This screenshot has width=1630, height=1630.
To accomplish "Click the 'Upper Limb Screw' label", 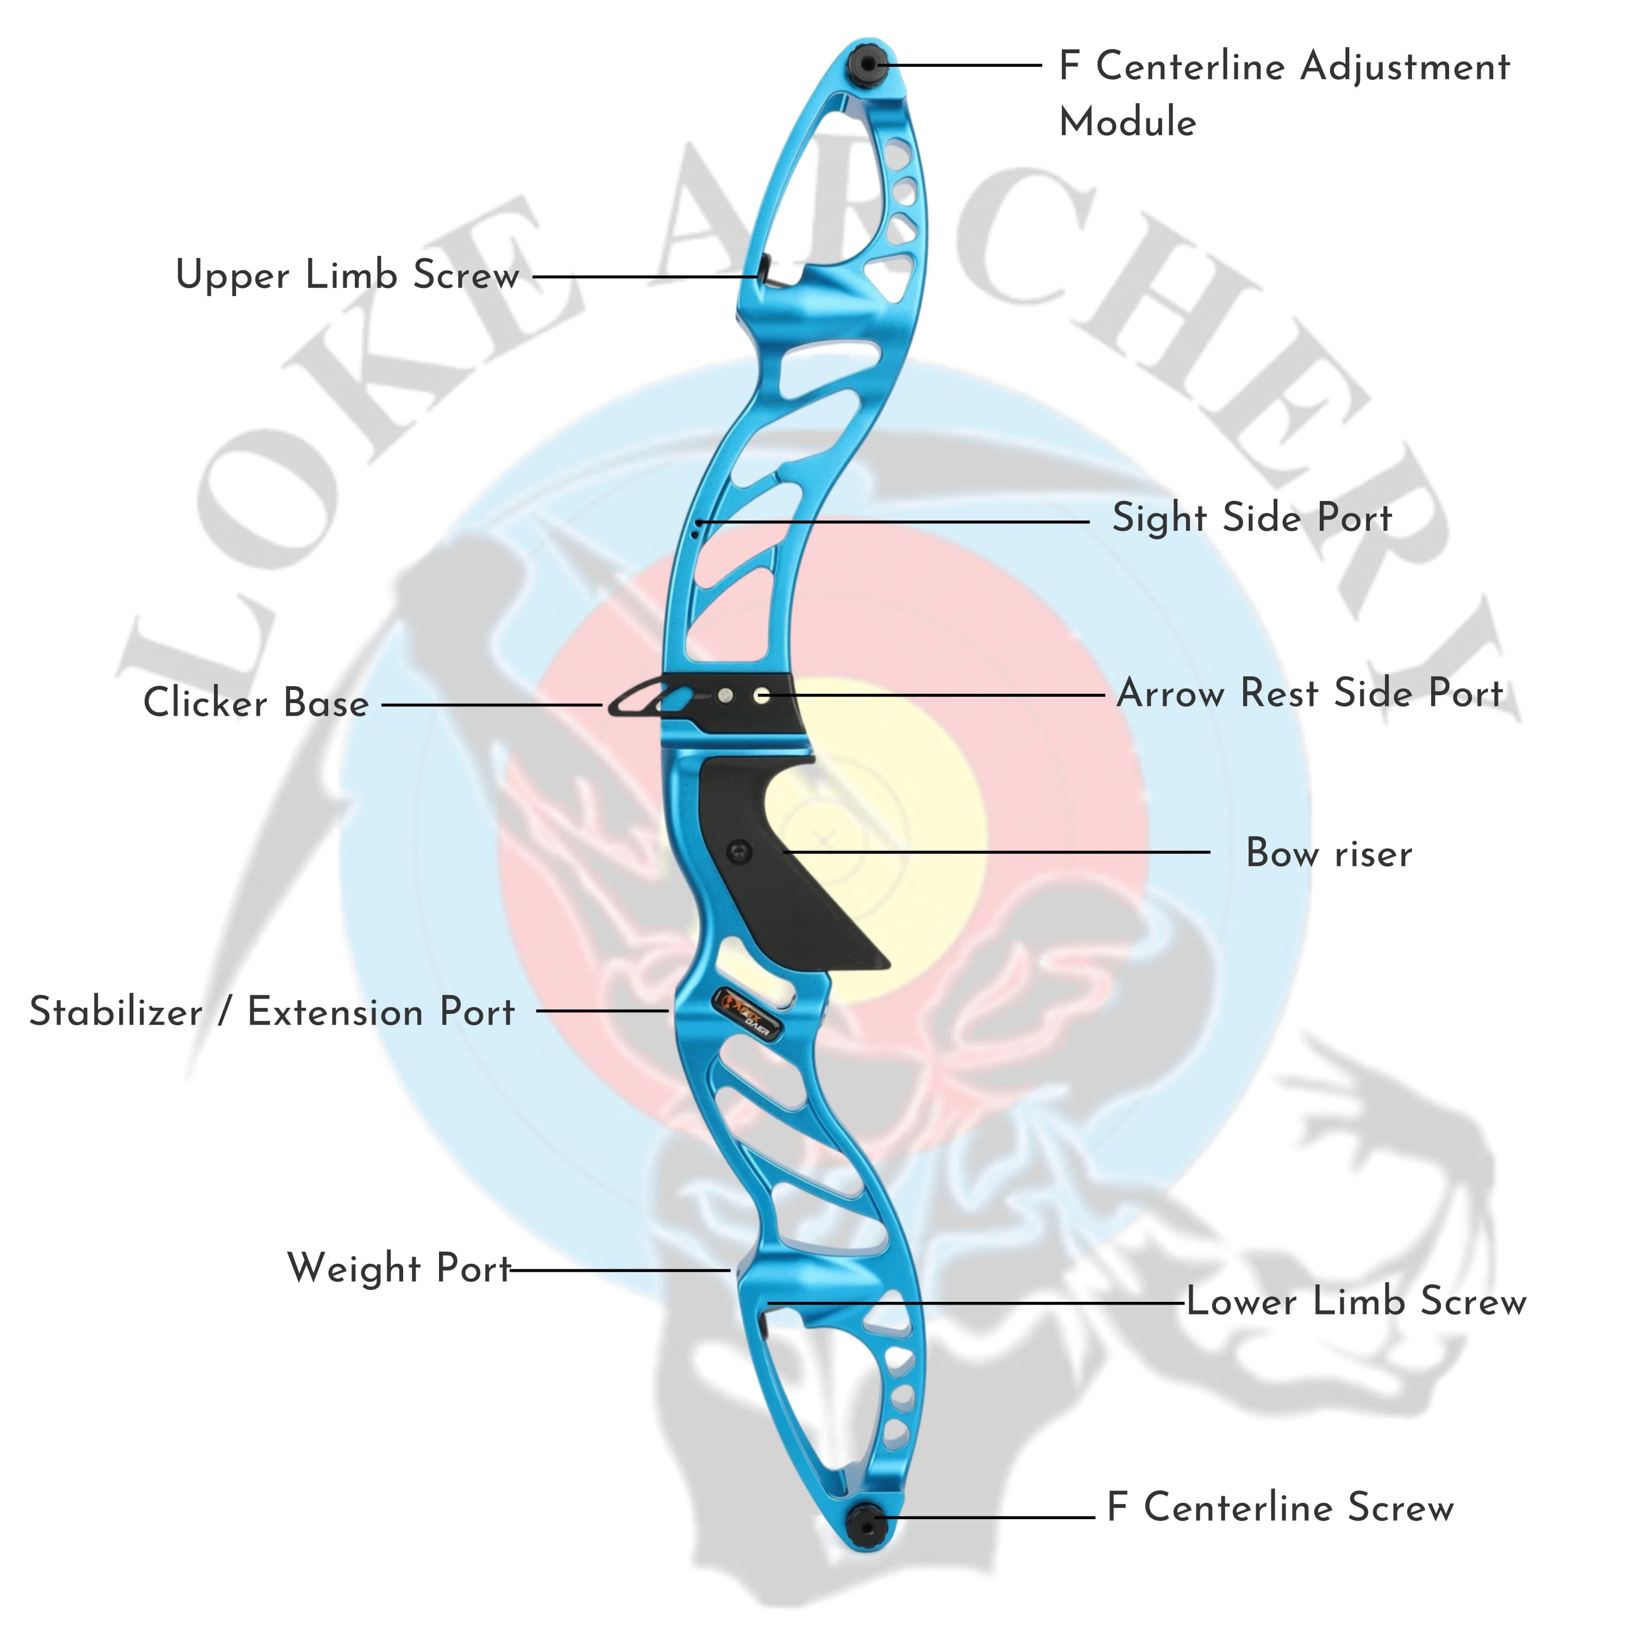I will [x=347, y=275].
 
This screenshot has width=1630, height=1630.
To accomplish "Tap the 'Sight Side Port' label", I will [x=1251, y=517].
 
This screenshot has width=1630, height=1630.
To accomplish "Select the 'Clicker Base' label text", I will [x=255, y=703].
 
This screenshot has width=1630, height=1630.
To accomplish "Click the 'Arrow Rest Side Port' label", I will [x=1309, y=693].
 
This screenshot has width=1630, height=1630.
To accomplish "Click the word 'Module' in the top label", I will [x=1127, y=122].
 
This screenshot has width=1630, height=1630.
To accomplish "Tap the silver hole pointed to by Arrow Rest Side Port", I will [x=762, y=696].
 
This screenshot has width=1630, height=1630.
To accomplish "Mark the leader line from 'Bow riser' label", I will [x=995, y=852].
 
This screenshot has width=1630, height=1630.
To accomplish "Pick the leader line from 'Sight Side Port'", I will [x=894, y=522].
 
